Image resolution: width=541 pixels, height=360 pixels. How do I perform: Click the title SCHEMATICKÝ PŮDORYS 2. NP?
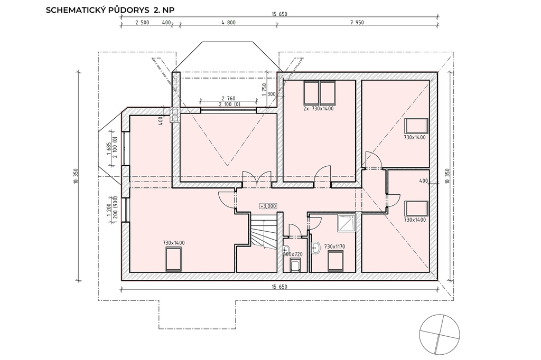click(110, 10)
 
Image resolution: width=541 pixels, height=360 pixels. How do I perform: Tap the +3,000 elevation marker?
click(268, 206)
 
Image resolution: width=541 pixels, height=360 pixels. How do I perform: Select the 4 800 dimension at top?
click(228, 23)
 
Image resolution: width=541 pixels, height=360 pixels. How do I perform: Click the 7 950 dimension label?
click(357, 23)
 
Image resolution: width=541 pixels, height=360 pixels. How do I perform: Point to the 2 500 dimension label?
click(142, 23)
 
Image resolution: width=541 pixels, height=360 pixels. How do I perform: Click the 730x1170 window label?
click(334, 247)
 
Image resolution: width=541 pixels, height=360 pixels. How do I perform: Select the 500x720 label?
click(293, 254)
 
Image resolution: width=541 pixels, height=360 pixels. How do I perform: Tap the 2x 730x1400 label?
click(319, 109)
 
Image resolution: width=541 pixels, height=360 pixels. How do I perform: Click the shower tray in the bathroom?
click(346, 223)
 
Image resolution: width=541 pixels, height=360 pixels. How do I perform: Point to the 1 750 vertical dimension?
click(264, 90)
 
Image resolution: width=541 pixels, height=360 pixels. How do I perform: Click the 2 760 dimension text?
click(228, 99)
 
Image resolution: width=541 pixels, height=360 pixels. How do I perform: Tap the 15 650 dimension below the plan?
click(279, 287)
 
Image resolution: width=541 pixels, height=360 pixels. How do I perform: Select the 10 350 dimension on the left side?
click(76, 176)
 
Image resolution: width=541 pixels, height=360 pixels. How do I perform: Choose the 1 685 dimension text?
click(108, 149)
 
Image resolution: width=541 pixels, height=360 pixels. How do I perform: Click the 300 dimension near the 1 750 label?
click(272, 94)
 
